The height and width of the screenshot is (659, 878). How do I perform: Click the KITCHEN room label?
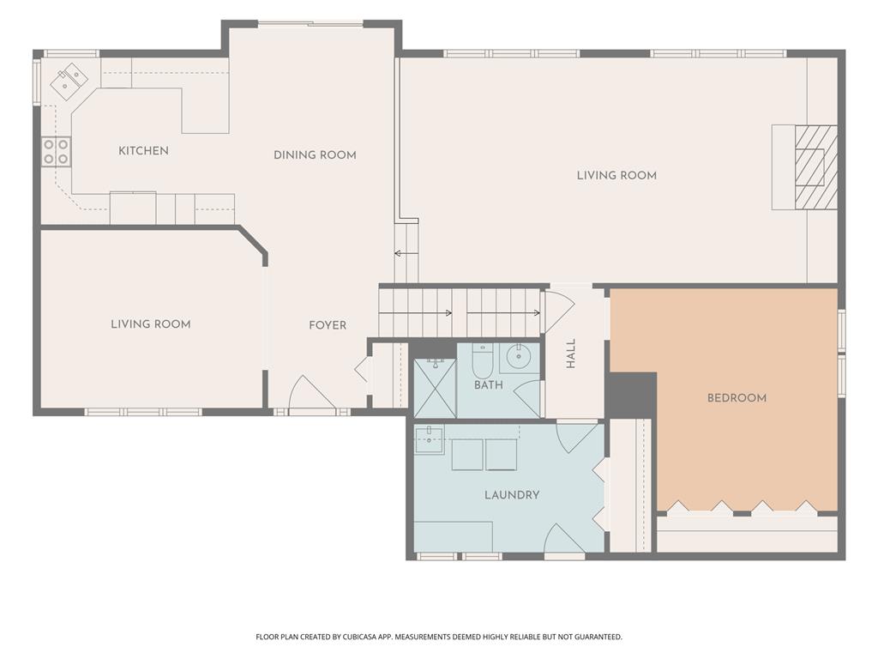(143, 151)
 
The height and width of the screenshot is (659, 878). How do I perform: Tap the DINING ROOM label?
(315, 155)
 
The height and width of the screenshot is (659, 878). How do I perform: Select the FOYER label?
(328, 325)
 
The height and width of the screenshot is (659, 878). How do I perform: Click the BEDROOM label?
(737, 398)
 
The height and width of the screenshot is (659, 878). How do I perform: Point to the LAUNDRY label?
(512, 495)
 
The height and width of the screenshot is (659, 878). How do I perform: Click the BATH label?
(488, 385)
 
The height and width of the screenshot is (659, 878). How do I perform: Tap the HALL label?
(570, 354)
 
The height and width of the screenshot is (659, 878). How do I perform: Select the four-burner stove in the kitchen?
(56, 151)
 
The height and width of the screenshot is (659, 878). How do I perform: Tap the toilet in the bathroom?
(482, 360)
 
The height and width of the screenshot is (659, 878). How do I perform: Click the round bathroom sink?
(519, 356)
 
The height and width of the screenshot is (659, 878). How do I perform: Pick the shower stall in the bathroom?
(435, 388)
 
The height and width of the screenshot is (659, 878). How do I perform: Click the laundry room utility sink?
(429, 438)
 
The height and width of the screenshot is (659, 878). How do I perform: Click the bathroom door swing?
(527, 398)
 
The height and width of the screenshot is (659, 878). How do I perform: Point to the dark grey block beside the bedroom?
(632, 395)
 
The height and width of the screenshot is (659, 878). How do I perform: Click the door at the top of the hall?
(560, 310)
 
